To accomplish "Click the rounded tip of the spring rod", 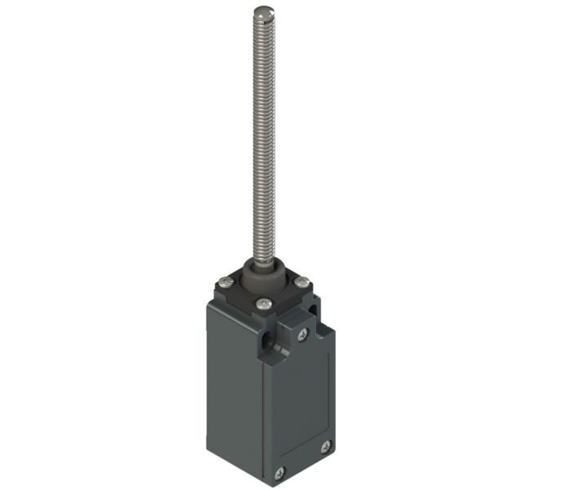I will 262,11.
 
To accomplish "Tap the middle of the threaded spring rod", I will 262,139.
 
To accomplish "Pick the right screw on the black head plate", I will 301,283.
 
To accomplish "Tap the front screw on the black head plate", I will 262,304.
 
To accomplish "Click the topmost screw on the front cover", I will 302,335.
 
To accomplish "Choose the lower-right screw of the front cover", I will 325,446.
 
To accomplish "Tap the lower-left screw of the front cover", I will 280,472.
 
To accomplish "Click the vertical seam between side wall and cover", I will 264,408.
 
